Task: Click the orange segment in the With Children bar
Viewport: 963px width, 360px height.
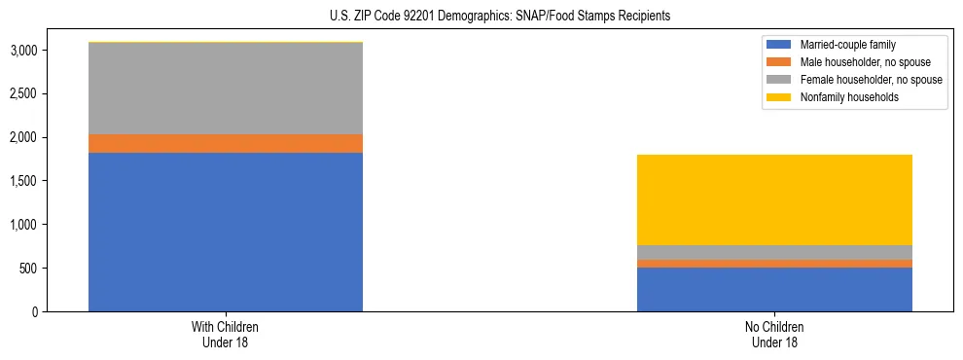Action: click(x=226, y=144)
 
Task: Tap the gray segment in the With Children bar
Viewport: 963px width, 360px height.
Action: click(x=226, y=89)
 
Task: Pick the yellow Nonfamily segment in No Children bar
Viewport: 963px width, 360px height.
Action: click(x=774, y=199)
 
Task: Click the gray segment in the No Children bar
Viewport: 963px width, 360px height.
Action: click(x=774, y=252)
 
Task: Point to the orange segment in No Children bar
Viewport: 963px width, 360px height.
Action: click(x=774, y=264)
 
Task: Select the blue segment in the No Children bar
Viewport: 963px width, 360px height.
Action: click(x=774, y=289)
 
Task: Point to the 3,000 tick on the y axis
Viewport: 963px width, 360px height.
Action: click(x=23, y=51)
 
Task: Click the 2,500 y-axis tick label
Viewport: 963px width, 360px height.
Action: click(x=23, y=94)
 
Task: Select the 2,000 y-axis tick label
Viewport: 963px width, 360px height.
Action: click(x=23, y=138)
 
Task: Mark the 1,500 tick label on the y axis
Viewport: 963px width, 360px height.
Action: click(x=23, y=181)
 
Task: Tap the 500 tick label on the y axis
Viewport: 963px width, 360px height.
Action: click(x=29, y=269)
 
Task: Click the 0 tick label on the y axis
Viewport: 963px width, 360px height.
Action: click(x=36, y=312)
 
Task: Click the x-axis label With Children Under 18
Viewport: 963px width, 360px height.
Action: click(x=226, y=334)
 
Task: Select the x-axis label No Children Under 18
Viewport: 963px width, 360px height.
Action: click(x=774, y=334)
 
